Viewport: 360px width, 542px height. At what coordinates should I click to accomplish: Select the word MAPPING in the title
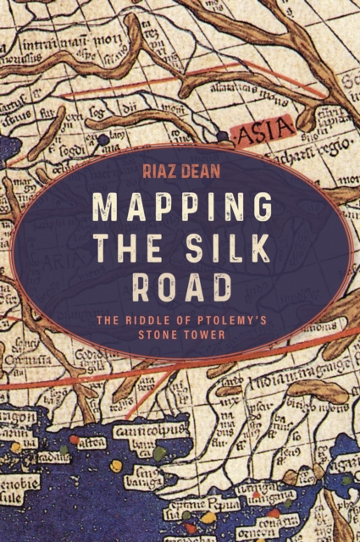coord(180,207)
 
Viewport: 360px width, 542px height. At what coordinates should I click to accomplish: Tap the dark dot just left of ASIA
coord(222,135)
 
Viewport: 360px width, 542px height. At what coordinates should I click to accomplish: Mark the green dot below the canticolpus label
coord(160,454)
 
